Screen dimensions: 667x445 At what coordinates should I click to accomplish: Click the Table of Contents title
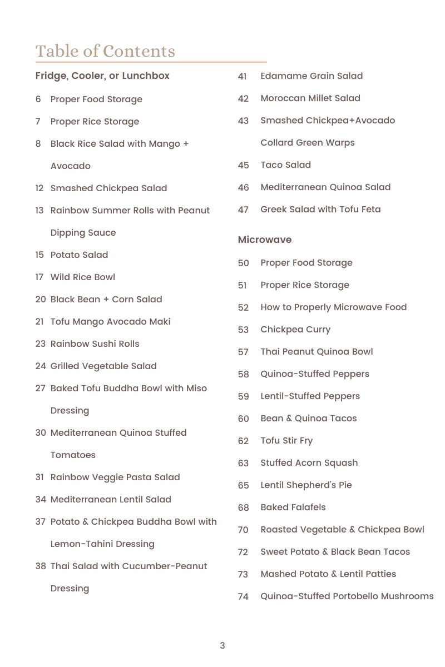click(105, 51)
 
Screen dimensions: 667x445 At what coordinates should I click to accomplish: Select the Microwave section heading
click(265, 240)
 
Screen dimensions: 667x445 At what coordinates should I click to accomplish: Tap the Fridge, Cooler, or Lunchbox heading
click(102, 76)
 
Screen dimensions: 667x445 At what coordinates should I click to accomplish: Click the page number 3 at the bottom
click(222, 645)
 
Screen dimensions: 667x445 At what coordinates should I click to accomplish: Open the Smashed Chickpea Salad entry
click(108, 188)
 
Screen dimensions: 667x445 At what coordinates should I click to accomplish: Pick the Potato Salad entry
click(79, 255)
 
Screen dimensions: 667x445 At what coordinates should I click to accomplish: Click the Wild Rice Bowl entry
click(83, 277)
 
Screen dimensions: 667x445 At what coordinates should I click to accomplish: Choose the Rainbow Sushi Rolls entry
click(95, 344)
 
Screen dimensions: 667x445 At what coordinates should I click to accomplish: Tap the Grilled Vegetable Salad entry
click(103, 366)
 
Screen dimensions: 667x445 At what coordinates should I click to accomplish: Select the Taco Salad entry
click(286, 165)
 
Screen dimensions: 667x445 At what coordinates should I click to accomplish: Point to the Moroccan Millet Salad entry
click(310, 98)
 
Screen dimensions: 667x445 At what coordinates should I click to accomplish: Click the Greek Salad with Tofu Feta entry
click(320, 210)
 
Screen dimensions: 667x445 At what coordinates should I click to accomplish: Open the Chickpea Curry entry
click(295, 330)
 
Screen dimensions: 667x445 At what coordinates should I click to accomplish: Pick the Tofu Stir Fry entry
click(286, 441)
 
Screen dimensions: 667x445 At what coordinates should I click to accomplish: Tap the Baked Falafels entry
click(293, 507)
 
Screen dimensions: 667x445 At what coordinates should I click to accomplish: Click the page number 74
click(243, 597)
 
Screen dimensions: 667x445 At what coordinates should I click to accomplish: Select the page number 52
click(243, 308)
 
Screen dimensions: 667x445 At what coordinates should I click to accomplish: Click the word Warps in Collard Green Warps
click(340, 143)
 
